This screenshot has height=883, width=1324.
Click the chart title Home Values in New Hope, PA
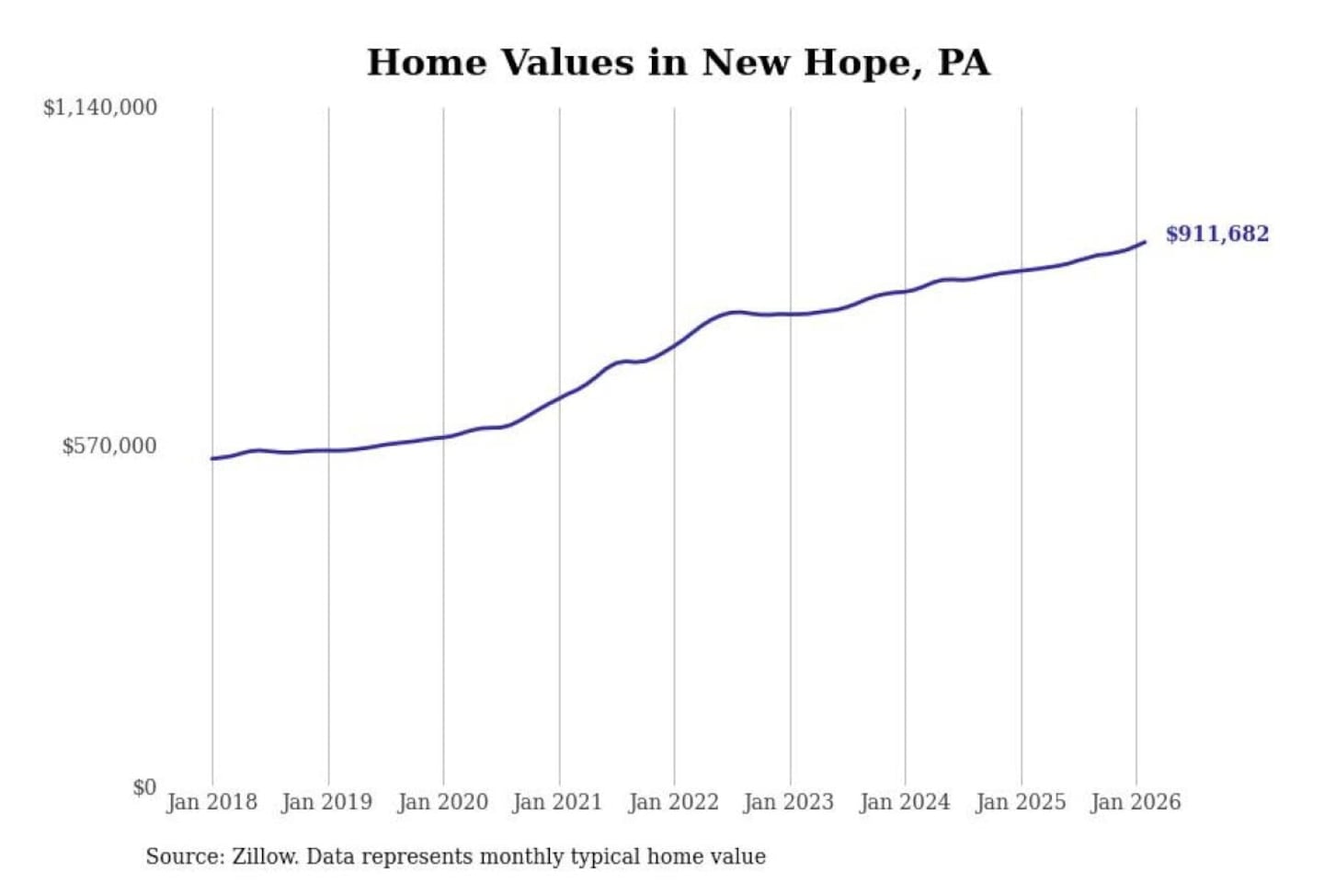click(x=679, y=63)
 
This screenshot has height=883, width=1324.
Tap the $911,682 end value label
click(x=1216, y=234)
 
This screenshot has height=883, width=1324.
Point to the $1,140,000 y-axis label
click(x=100, y=108)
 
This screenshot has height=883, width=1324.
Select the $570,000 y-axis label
click(x=109, y=446)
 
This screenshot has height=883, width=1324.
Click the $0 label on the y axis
click(x=144, y=787)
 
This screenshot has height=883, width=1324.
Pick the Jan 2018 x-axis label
click(x=211, y=802)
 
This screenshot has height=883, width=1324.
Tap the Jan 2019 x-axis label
click(x=327, y=802)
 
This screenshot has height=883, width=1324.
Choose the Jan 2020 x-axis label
click(x=442, y=802)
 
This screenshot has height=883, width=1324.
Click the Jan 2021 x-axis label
click(x=557, y=802)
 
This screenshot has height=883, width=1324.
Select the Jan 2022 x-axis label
click(x=673, y=802)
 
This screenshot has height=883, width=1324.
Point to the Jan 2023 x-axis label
click(x=788, y=802)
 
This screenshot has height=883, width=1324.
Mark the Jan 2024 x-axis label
click(x=904, y=802)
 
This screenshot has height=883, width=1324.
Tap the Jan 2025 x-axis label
click(x=1020, y=802)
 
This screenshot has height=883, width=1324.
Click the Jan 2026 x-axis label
click(x=1135, y=802)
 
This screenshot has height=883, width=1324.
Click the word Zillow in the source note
click(x=264, y=856)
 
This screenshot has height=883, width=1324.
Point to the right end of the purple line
click(x=1145, y=242)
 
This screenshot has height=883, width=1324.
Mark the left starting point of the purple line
click(x=212, y=458)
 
